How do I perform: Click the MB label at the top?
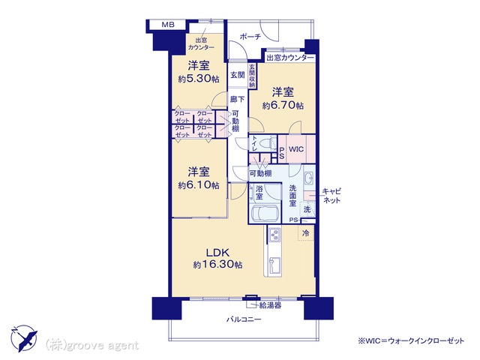tap(168, 25)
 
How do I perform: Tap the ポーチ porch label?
tap(250, 37)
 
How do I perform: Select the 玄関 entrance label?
tap(238, 75)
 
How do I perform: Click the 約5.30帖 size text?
tap(199, 79)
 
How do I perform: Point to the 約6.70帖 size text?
tap(283, 106)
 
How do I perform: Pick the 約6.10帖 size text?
tap(199, 185)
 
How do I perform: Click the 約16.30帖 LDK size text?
tap(217, 264)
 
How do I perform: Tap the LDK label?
tap(217, 253)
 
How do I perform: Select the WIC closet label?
tap(296, 149)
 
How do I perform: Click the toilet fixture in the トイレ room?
tap(267, 143)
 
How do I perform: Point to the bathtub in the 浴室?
tap(264, 213)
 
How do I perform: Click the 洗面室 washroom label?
tap(293, 195)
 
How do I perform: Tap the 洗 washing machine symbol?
tap(307, 209)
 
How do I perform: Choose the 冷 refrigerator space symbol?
tap(305, 233)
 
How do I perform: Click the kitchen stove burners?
tap(274, 235)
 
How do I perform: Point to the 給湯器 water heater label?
tap(270, 305)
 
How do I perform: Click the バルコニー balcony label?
tap(244, 319)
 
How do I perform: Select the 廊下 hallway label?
tap(238, 99)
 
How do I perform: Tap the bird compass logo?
tap(25, 338)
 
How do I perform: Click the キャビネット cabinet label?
tap(331, 196)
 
